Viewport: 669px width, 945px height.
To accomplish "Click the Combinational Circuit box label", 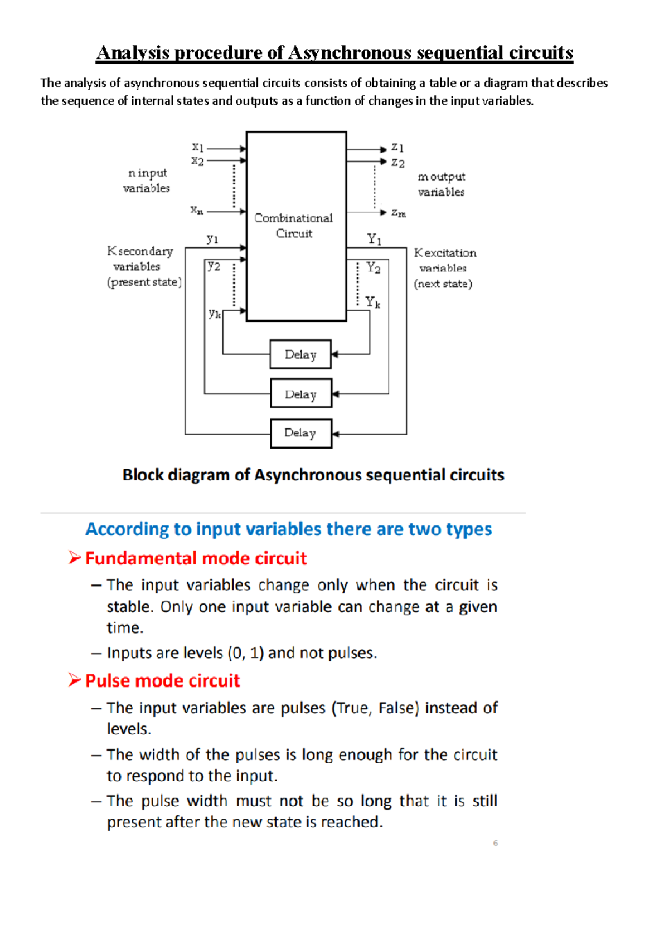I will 293,225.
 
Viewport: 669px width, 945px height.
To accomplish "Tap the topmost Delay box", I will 300,354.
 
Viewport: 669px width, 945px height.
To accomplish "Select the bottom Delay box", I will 301,433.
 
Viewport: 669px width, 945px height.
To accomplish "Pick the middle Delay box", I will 301,394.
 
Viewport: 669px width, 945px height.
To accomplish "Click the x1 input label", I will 198,148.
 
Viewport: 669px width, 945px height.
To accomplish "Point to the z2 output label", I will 397,163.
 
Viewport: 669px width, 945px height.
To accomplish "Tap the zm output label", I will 399,213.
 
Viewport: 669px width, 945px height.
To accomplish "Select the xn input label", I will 197,210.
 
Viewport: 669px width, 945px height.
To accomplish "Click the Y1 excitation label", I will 374,240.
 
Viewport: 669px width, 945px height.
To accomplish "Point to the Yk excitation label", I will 373,303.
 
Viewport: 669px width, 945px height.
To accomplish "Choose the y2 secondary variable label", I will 214,266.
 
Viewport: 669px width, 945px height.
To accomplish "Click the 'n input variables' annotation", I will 147,181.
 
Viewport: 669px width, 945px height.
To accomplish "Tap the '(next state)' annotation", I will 443,284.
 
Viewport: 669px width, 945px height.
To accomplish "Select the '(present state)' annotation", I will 144,282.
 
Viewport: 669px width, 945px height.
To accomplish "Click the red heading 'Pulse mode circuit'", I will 162,680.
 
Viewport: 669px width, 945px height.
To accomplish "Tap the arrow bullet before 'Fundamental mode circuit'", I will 75,557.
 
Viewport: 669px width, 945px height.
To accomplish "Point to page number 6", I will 495,843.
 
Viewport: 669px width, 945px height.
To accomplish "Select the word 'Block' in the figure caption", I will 143,475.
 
